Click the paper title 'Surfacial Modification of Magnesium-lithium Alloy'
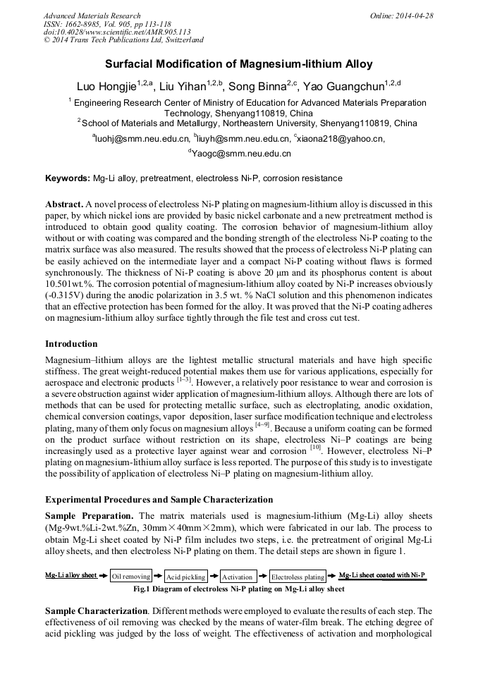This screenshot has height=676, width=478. click(x=239, y=64)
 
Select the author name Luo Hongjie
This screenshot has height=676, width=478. click(x=106, y=87)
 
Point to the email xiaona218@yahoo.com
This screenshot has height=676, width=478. click(x=341, y=139)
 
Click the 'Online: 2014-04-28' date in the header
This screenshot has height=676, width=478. click(x=402, y=16)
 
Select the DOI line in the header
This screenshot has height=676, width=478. click(x=117, y=32)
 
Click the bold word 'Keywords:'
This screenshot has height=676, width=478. click(x=68, y=178)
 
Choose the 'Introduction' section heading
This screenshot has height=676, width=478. click(x=71, y=344)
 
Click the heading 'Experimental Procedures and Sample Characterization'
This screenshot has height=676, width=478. click(x=159, y=500)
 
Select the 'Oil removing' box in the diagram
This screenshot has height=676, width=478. click(x=131, y=577)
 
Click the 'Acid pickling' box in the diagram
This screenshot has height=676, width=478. click(x=185, y=577)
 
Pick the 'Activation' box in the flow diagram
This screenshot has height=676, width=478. click(x=238, y=577)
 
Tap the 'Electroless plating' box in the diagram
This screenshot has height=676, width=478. click(x=298, y=577)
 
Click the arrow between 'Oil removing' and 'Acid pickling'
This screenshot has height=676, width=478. click(x=158, y=576)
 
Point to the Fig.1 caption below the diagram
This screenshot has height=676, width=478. click(x=239, y=589)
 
